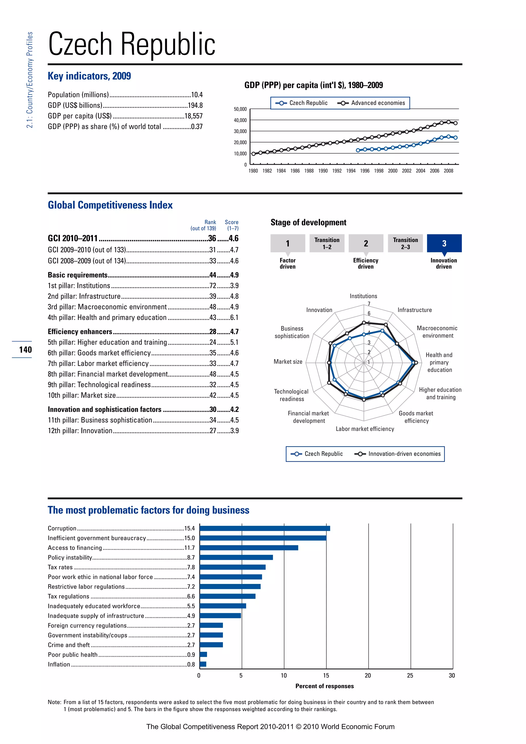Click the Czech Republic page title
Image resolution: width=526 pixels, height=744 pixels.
pyautogui.click(x=131, y=44)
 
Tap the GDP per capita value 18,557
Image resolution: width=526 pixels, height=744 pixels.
pyautogui.click(x=193, y=116)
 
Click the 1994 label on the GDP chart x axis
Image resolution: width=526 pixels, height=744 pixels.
pyautogui.click(x=351, y=171)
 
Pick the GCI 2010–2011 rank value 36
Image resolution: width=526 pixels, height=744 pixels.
pyautogui.click(x=212, y=238)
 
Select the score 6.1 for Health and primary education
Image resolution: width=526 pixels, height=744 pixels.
pyautogui.click(x=234, y=318)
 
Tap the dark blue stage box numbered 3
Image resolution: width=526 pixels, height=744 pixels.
pyautogui.click(x=444, y=243)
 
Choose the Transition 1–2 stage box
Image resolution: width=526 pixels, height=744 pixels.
pyautogui.click(x=327, y=243)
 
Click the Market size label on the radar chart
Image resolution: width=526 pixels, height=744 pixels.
pyautogui.click(x=288, y=362)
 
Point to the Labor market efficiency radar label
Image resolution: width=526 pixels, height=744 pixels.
pyautogui.click(x=365, y=429)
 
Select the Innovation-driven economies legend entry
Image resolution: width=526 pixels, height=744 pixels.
pyautogui.click(x=398, y=454)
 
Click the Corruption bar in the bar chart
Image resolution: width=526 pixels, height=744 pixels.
pyautogui.click(x=265, y=528)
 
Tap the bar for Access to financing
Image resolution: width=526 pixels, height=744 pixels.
pyautogui.click(x=249, y=548)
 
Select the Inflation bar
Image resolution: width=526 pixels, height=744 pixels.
pyautogui.click(x=203, y=664)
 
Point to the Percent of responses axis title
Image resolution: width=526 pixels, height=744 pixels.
pyautogui.click(x=325, y=686)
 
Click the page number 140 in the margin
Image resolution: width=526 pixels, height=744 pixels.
pyautogui.click(x=25, y=350)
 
